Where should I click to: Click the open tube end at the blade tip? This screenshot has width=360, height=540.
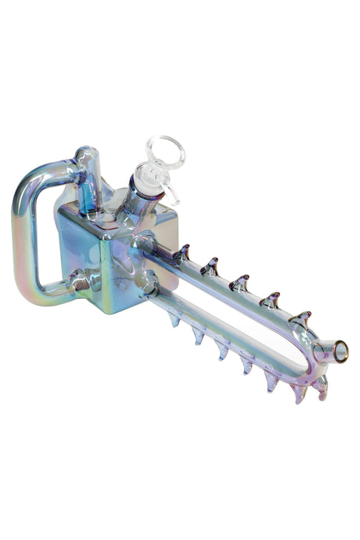pos(340,352)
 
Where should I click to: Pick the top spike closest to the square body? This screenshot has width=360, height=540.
pos(182,252)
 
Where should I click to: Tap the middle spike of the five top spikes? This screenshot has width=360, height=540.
pos(239,283)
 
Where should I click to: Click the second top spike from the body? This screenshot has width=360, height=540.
pos(209,267)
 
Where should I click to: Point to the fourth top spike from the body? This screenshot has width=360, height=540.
pos(271,299)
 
